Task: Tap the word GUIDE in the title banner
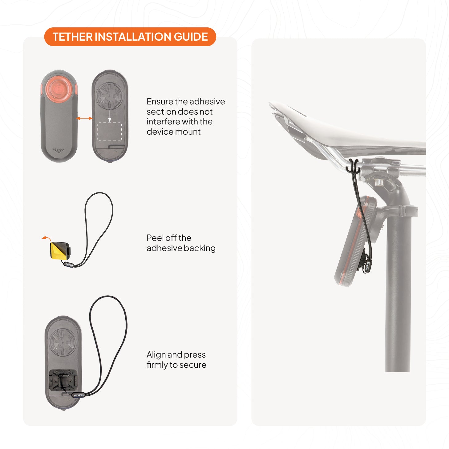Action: pos(191,37)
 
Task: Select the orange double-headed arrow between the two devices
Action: pos(84,118)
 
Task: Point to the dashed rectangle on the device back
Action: pos(110,131)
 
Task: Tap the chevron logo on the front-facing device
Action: pos(59,151)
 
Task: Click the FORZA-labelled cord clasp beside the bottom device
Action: pos(78,395)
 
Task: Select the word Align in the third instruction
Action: pos(156,355)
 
